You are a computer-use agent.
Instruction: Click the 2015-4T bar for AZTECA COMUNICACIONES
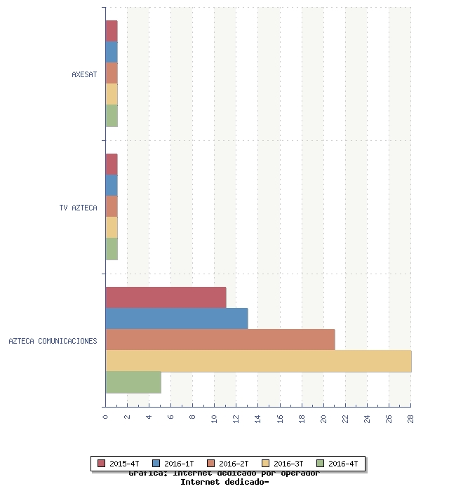166,297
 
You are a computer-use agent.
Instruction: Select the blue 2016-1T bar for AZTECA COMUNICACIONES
177,318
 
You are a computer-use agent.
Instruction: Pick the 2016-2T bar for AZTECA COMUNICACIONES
220,339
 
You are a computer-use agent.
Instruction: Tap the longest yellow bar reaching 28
258,361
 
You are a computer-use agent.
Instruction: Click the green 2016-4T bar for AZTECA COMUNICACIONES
133,382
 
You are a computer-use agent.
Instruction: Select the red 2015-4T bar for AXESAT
112,31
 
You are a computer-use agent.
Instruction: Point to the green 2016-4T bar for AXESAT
112,115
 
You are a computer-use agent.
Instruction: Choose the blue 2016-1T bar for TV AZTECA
112,185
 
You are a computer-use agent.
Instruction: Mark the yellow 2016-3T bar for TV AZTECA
112,227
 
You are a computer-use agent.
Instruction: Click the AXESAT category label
84,74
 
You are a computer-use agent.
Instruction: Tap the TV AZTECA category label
78,208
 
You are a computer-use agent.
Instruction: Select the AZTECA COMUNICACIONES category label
53,342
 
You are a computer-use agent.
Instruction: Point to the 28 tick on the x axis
410,418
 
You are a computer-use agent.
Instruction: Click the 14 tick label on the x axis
257,418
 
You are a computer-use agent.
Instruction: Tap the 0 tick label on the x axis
105,417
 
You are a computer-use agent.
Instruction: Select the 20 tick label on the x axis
323,418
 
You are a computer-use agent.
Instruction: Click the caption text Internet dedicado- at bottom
224,482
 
